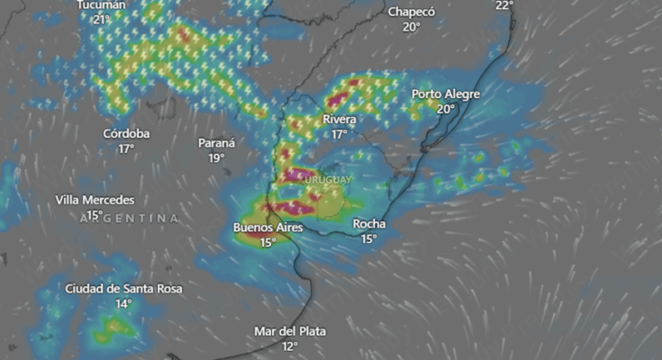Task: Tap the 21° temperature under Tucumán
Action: point(101,19)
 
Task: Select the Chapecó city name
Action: point(412,13)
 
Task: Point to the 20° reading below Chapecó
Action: point(412,27)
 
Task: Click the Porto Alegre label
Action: point(446,94)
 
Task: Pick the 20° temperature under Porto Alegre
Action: point(446,109)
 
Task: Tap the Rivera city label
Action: point(339,120)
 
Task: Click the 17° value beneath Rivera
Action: point(339,134)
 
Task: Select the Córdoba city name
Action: point(126,134)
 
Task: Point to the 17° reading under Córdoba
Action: point(126,148)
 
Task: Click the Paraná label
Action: point(216,143)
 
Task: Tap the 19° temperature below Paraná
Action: point(216,157)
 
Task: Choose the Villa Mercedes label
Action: point(95,200)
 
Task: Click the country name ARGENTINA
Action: point(129,218)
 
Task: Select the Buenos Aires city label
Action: point(268,228)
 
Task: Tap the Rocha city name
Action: point(369,224)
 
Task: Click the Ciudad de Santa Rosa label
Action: point(123,289)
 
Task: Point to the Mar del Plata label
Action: point(289,331)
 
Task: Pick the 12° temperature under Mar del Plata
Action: point(289,346)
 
